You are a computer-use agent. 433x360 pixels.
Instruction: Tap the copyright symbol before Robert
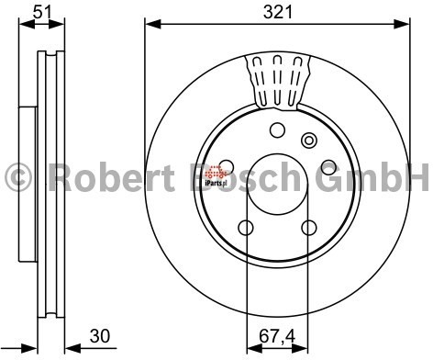[17, 175]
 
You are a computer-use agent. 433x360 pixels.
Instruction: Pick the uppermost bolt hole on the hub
[278, 129]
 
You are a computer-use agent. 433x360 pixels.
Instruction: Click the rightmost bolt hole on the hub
[328, 168]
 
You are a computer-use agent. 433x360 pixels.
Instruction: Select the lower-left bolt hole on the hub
[246, 228]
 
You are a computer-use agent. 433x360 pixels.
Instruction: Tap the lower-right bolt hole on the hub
[309, 228]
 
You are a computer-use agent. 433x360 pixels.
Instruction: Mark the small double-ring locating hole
[309, 141]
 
